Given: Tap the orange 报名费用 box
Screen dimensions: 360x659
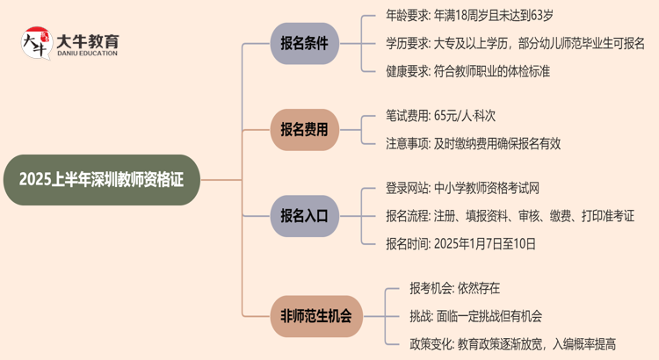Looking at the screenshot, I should tap(303, 128).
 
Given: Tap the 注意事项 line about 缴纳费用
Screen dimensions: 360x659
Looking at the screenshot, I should tap(473, 142).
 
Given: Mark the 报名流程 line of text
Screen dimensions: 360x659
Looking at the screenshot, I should tap(510, 215).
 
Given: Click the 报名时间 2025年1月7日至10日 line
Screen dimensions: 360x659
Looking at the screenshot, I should tap(460, 244).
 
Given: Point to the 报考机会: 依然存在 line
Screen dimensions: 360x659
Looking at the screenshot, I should tap(454, 287).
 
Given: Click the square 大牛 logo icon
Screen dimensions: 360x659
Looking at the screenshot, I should tap(34, 44).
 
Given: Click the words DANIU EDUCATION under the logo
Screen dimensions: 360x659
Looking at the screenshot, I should tap(88, 54).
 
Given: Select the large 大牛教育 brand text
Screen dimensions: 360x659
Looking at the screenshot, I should tap(88, 40).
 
